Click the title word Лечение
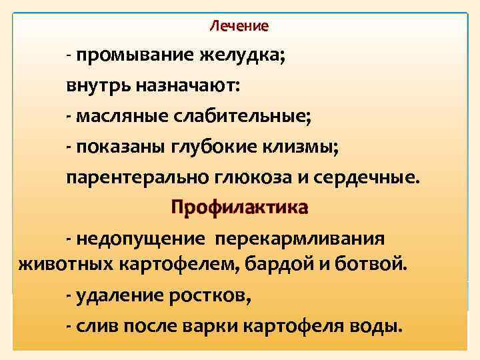239,27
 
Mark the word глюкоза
256,178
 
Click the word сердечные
370,178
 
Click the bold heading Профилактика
239,208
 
